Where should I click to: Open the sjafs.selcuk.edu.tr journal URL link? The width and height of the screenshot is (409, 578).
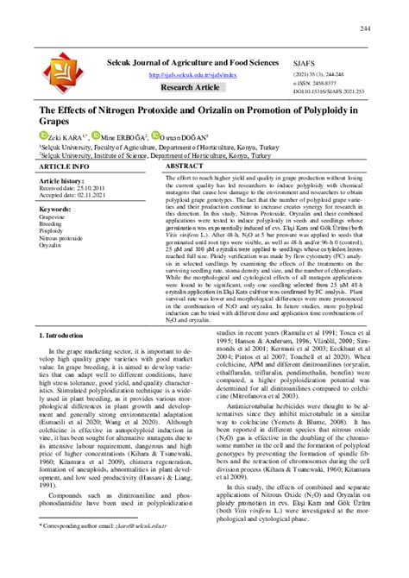tap(192, 74)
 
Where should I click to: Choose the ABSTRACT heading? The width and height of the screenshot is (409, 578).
tap(184, 165)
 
